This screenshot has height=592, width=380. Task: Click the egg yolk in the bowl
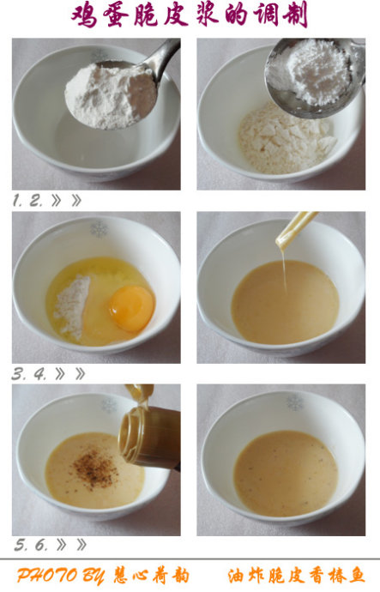click(132, 309)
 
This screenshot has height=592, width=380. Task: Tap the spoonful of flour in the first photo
click(111, 96)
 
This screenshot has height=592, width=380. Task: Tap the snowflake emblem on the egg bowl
click(99, 229)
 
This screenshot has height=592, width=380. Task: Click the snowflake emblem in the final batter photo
click(295, 402)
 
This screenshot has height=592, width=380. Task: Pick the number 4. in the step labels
click(40, 374)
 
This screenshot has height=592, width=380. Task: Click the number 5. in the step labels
click(21, 545)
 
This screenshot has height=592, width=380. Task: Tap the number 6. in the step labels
click(41, 545)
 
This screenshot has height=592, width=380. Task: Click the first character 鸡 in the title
click(85, 15)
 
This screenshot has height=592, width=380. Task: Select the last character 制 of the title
click(295, 15)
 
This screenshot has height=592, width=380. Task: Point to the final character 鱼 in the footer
click(355, 576)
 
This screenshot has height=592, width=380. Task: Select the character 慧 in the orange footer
click(122, 576)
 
